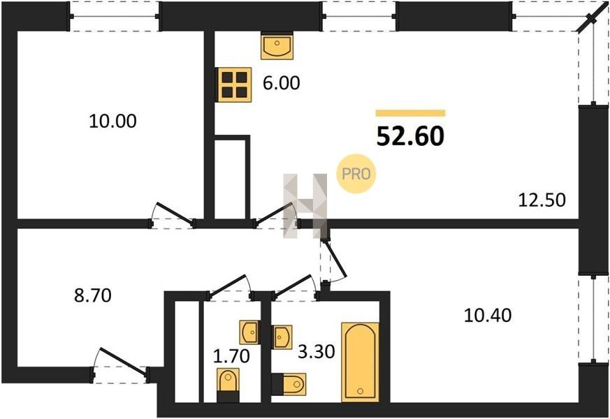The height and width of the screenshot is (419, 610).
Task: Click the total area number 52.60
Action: [x=410, y=136]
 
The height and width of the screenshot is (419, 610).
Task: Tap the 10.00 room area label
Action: [x=112, y=121]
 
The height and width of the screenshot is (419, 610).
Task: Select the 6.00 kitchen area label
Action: [x=282, y=83]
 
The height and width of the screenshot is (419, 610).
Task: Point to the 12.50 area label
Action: [x=542, y=200]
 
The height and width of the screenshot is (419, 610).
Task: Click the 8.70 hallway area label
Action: [x=93, y=295]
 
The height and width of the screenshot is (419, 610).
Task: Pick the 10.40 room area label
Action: [x=488, y=315]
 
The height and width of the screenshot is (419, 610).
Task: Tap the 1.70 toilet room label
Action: [x=231, y=356]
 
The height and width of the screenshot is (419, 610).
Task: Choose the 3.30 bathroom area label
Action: [x=317, y=352]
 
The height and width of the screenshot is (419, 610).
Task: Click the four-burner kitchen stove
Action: [x=235, y=84]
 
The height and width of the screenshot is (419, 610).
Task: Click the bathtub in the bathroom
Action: [x=361, y=362]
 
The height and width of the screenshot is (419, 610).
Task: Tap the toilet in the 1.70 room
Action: [x=228, y=385]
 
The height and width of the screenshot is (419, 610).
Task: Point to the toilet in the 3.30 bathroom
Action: [x=289, y=384]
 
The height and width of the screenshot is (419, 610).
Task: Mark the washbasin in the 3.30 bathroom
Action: [x=282, y=337]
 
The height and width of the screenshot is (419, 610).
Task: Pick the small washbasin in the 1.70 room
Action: [x=249, y=332]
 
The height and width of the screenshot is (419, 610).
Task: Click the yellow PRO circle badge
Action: [x=356, y=174]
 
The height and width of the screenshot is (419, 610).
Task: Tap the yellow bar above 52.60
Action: [x=410, y=113]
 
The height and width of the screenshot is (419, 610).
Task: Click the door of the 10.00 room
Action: [x=173, y=215]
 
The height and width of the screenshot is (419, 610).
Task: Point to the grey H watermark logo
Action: [x=305, y=205]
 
